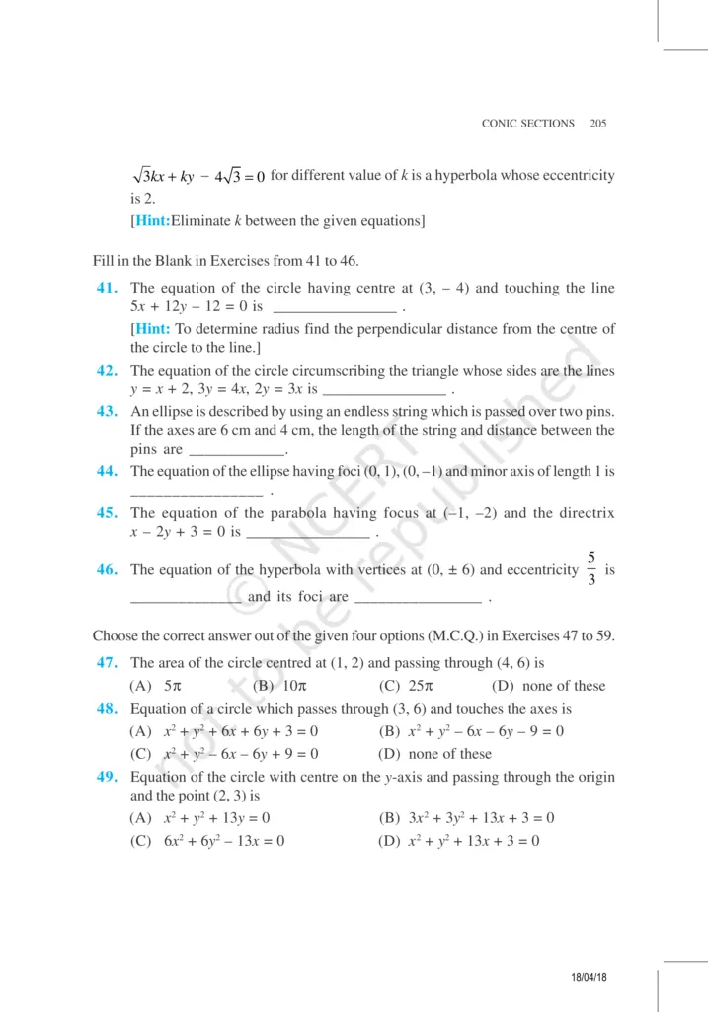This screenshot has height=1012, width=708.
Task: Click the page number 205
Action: (597, 124)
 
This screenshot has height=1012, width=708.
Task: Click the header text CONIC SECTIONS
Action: (527, 124)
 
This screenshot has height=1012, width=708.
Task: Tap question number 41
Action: (108, 288)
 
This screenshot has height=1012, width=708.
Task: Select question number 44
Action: (108, 472)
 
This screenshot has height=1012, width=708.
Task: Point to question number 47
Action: (108, 663)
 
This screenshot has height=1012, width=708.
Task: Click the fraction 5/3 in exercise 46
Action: (590, 569)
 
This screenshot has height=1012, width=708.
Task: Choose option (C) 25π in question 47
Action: (402, 686)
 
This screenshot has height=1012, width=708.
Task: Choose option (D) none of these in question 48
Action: (434, 754)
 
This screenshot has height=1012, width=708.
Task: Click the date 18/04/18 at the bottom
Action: (590, 977)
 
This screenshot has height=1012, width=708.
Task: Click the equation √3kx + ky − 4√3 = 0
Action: (198, 176)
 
